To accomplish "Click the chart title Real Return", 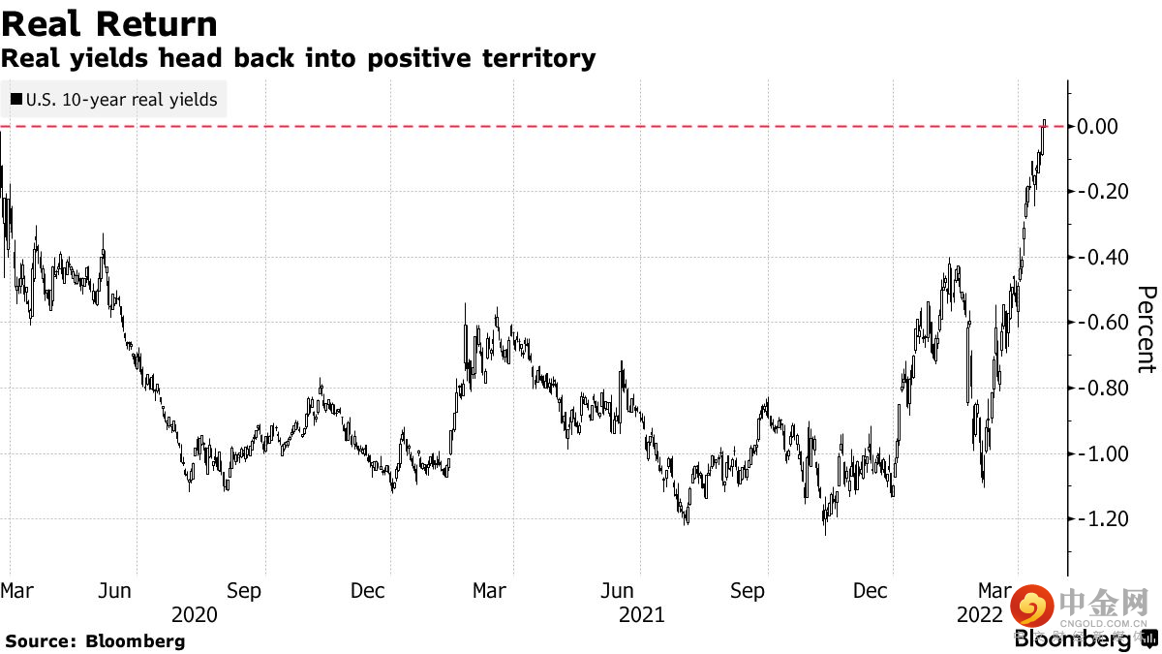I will tap(109, 23).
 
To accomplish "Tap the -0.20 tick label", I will tap(1095, 192).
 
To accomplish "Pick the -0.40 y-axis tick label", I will tap(1095, 257).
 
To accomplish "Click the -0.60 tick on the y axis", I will tap(1095, 323).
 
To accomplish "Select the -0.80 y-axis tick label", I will tap(1095, 388).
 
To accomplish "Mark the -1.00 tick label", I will tap(1095, 453).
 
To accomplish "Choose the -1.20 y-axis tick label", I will tap(1095, 519).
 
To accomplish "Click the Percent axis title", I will tap(1147, 329).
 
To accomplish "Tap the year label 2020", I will tap(194, 614).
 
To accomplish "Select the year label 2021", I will tap(641, 614).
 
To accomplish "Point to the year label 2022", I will tap(980, 614).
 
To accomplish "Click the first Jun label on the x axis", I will tap(115, 590).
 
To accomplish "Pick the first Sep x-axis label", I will tap(244, 590).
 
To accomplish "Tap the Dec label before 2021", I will tap(369, 590).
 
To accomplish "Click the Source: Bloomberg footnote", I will tap(95, 640).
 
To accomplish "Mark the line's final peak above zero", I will tap(1044, 121).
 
